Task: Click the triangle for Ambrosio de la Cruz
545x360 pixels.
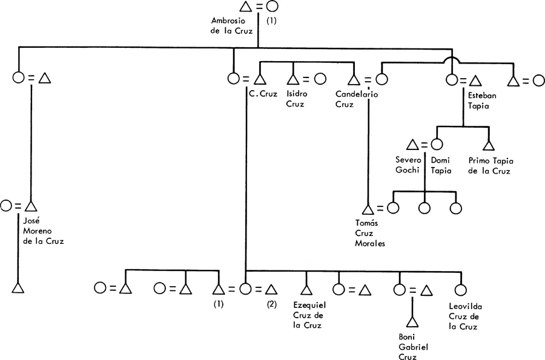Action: coord(245,7)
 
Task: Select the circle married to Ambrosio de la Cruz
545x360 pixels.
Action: coord(272,7)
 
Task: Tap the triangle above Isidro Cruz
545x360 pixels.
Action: coord(293,79)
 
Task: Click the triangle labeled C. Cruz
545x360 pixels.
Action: coord(260,79)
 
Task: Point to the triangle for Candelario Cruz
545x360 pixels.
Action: coord(355,79)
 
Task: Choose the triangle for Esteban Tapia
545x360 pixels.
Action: coord(475,79)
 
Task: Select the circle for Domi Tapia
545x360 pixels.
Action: coord(436,145)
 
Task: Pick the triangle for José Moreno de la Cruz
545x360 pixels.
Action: coord(31,206)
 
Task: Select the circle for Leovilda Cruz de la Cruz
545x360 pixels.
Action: coord(460,290)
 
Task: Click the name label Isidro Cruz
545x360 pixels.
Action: coord(296,99)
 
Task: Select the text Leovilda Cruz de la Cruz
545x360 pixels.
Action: coord(465,316)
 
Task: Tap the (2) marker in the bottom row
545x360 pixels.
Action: coord(271,304)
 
